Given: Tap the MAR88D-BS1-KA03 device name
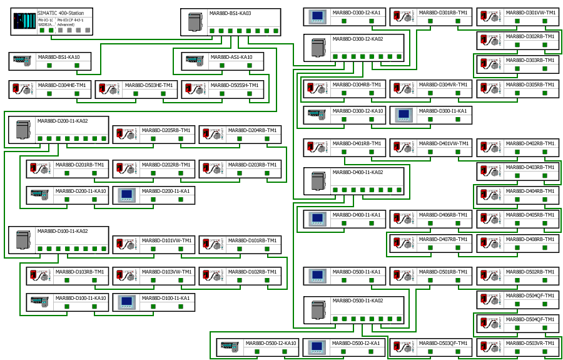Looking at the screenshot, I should click(230, 13).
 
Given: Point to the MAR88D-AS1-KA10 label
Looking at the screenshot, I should click(231, 57).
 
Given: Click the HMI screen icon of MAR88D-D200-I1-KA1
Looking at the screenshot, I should click(127, 195).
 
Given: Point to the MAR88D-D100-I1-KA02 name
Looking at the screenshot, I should click(63, 231).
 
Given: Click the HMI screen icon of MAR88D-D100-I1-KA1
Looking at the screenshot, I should click(127, 302).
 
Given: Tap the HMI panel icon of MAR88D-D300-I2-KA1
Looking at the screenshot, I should click(318, 16).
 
